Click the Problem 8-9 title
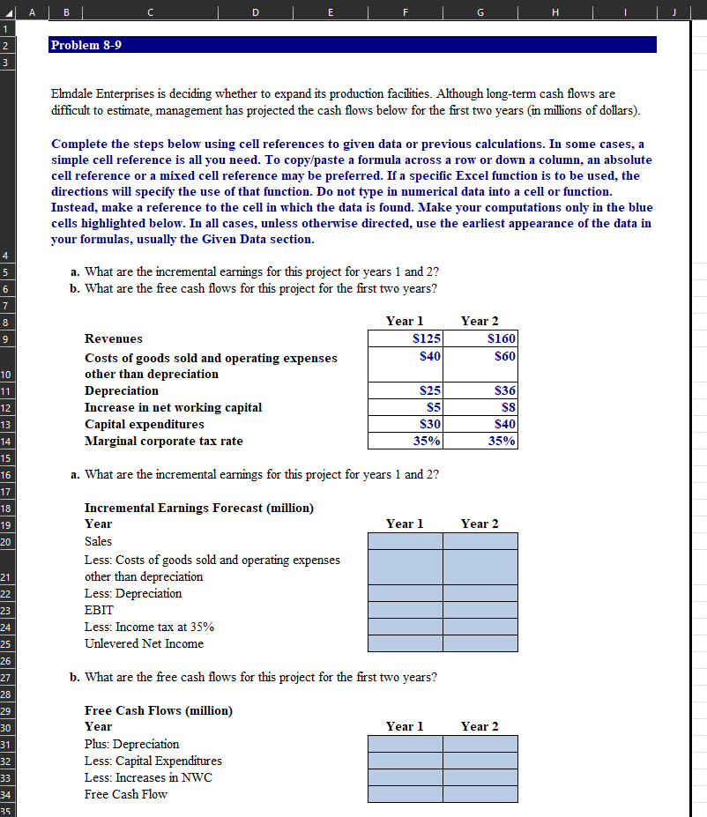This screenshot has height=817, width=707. click(86, 45)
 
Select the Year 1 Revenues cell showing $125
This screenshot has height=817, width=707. click(406, 338)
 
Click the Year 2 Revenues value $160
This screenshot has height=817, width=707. click(480, 338)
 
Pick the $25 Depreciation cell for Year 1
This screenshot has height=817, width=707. click(406, 390)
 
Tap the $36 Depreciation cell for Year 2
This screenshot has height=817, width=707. click(480, 390)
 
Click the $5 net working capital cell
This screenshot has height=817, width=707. click(406, 407)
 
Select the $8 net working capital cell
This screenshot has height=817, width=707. click(480, 407)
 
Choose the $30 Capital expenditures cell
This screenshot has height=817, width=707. click(406, 424)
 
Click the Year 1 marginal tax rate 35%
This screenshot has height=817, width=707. click(406, 441)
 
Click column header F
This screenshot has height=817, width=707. click(405, 11)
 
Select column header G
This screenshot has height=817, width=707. click(480, 11)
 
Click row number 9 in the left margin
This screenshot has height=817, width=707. click(5, 338)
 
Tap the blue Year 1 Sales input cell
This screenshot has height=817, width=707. click(406, 540)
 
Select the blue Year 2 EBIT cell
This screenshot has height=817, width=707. click(480, 610)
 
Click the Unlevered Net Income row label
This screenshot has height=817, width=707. click(144, 643)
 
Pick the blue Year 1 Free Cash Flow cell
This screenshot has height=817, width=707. click(406, 794)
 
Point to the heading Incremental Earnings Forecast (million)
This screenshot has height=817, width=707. click(198, 508)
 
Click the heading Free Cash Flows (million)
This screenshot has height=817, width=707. click(158, 710)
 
